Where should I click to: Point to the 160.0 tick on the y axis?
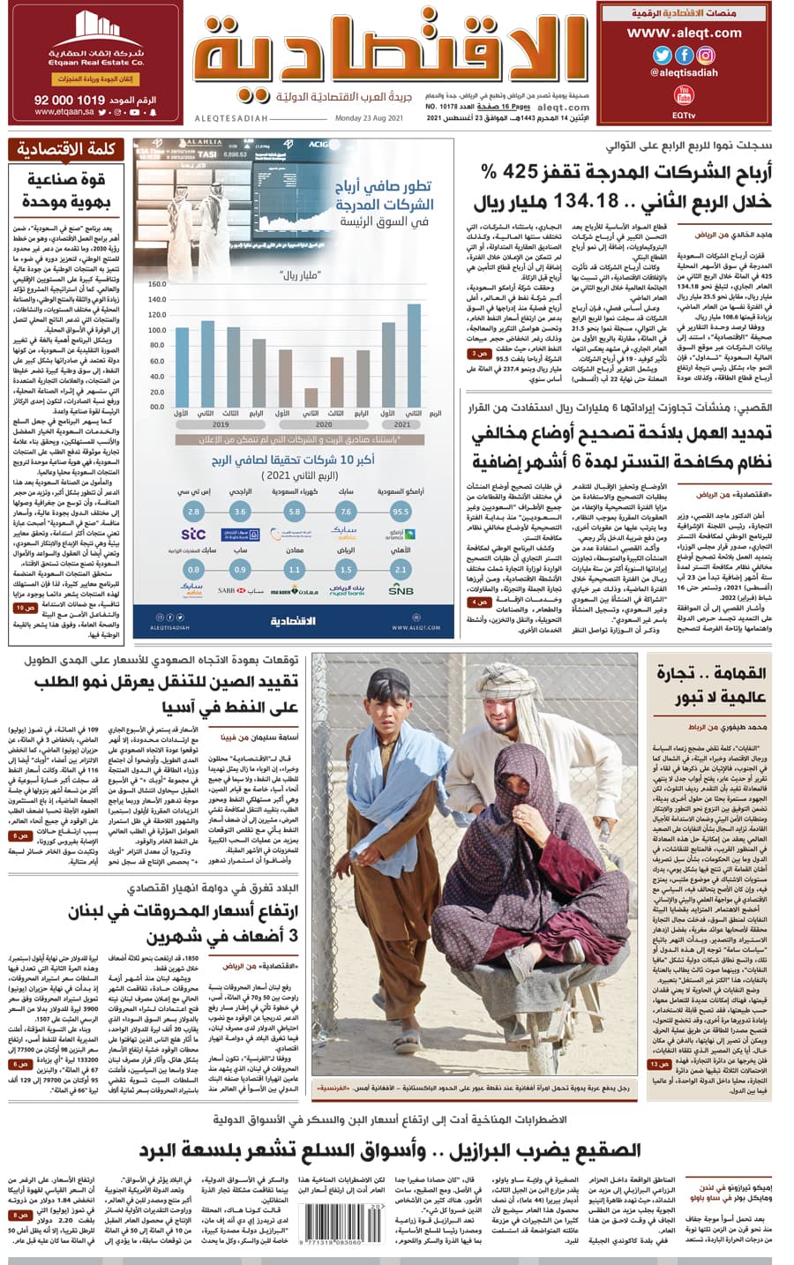coord(157,285)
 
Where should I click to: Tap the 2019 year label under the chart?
coord(221,424)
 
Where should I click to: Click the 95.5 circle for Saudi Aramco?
coord(401,511)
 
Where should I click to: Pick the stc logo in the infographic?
coord(193,534)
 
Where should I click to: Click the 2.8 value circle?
coord(193,511)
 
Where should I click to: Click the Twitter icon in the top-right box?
coord(662,55)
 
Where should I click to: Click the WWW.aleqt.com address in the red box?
coord(684,33)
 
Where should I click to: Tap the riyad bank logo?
coord(347,590)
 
